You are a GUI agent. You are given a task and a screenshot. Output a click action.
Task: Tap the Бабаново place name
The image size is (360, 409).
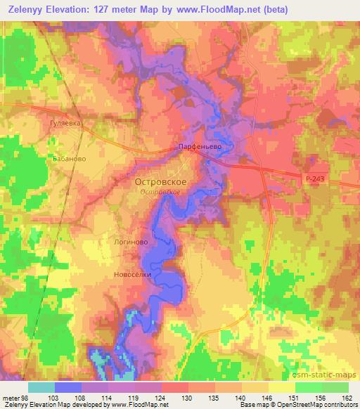(x=69, y=159)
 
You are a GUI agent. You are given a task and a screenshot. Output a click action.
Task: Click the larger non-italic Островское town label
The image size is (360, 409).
(x=160, y=181)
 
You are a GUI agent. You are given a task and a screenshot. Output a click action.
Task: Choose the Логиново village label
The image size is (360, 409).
(x=130, y=241)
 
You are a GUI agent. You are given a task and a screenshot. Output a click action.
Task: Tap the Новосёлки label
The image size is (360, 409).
(x=132, y=275)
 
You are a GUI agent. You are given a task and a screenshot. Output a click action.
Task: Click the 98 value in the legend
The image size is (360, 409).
(x=25, y=397)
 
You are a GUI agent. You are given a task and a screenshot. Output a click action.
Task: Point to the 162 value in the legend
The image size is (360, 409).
(x=347, y=397)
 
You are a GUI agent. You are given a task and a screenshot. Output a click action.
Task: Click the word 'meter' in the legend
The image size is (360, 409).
(x=11, y=397)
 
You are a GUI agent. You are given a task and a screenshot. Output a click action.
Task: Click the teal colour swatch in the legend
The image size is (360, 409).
(x=41, y=387)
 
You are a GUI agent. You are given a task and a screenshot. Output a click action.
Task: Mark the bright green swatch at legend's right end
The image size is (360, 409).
(x=335, y=387)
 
